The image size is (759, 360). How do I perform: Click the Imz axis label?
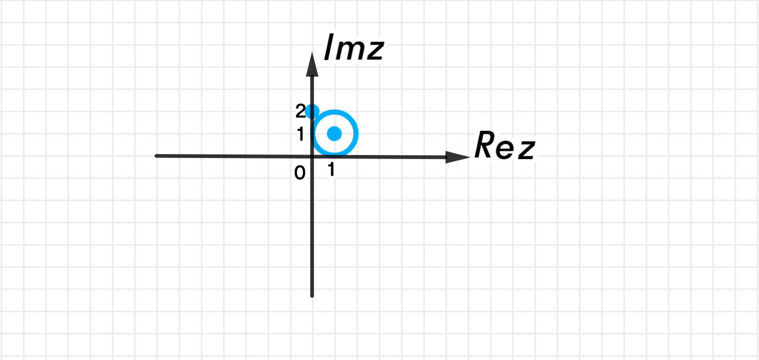354,47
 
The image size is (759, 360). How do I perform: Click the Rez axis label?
505,145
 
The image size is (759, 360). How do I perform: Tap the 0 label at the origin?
300,173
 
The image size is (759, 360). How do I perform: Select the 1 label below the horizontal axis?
332,169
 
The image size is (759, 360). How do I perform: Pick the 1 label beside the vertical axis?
300,134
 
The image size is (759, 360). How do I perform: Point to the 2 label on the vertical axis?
300,111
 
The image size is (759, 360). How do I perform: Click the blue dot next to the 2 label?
312,112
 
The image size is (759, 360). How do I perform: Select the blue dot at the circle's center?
335,134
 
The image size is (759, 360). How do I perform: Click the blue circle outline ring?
356,134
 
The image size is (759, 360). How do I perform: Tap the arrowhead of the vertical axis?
312,64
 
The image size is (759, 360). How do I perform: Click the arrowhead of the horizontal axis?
458,157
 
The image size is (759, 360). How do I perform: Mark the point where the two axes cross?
312,157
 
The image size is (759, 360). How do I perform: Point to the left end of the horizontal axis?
156,156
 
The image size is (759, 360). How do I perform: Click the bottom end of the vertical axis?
312,296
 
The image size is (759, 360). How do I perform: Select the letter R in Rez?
484,145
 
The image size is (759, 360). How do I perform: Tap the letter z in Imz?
374,50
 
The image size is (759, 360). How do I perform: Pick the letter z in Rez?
526,150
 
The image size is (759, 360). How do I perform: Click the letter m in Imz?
349,50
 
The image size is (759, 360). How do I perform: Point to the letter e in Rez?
505,150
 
